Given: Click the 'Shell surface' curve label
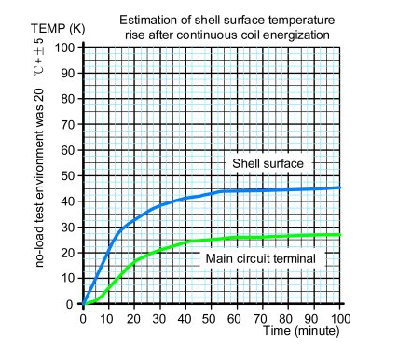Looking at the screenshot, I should (269, 164).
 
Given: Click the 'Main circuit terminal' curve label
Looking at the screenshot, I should (259, 256).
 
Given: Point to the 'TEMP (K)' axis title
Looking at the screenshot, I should (60, 28).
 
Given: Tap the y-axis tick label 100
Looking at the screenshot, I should (65, 47).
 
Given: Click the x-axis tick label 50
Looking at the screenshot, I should (213, 317).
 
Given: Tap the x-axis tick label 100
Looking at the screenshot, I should (340, 317).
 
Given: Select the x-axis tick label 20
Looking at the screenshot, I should (134, 317).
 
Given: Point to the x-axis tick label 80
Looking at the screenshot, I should (290, 317).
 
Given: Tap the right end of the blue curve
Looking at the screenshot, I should (340, 187).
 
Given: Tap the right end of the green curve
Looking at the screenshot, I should (340, 234).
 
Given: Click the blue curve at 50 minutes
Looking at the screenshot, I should (212, 192).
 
